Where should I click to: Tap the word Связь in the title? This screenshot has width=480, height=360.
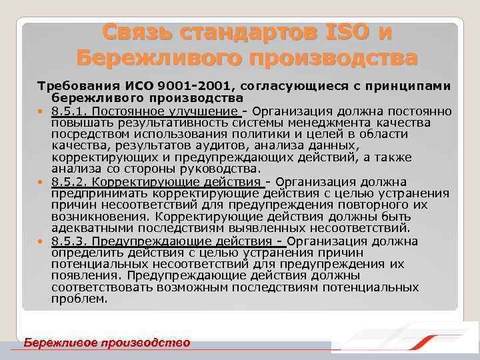139,31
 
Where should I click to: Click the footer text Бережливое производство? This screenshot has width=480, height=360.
107,343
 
